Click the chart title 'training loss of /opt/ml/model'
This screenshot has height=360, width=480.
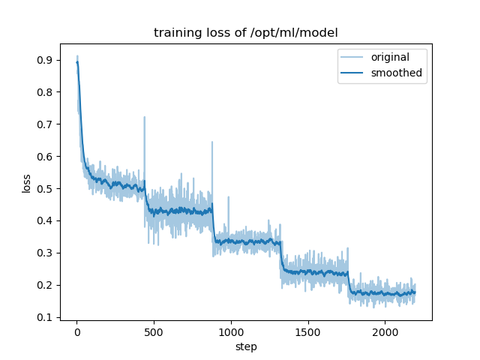tap(246, 33)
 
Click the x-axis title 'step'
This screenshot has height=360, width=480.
tap(246, 347)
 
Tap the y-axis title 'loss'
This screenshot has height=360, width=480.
tap(26, 183)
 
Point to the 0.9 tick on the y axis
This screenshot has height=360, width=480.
tap(46, 60)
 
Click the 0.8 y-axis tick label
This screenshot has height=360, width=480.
tap(46, 92)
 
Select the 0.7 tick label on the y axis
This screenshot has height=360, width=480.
tap(46, 124)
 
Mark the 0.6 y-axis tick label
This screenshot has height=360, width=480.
tap(46, 157)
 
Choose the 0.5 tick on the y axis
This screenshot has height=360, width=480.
tap(46, 189)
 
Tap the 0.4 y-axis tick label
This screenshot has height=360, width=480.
tap(46, 220)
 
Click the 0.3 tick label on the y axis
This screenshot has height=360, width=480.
tap(46, 253)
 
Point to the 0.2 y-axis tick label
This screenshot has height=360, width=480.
tap(46, 285)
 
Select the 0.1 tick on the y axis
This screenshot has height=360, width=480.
tap(46, 317)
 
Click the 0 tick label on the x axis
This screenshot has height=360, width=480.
tap(76, 331)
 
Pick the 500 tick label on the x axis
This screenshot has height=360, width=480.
tap(154, 331)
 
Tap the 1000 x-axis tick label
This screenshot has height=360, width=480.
tap(231, 331)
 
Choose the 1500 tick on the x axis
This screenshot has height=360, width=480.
tap(307, 331)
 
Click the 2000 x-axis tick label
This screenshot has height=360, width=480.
tap(385, 331)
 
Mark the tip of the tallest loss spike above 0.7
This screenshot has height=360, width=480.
tap(145, 117)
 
